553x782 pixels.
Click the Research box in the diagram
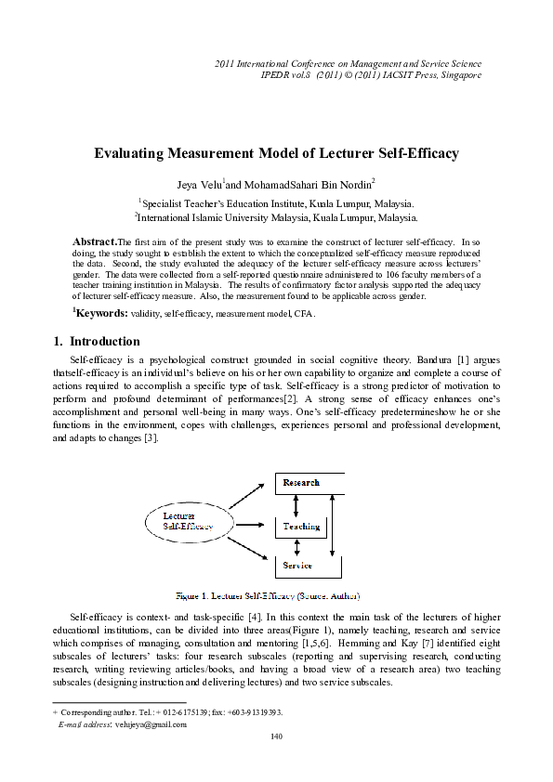(309, 483)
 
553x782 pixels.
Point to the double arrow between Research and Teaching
(296, 504)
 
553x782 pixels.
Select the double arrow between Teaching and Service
(296, 548)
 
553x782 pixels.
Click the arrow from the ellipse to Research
(247, 494)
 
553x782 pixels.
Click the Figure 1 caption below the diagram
(269, 594)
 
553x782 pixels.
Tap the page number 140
(276, 736)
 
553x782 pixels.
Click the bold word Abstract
(95, 241)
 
